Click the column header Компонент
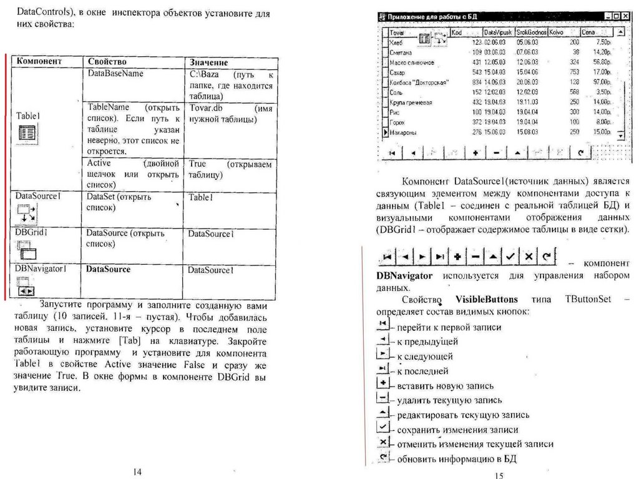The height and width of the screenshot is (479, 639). coord(39,62)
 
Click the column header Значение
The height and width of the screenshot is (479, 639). coord(209,63)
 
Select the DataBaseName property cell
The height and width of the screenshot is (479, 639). coord(115,74)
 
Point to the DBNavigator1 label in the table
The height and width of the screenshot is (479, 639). coord(41,269)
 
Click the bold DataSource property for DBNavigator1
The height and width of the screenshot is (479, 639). coord(109,270)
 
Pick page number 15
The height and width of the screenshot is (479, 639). coord(497,475)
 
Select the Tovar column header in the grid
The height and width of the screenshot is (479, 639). coord(398,32)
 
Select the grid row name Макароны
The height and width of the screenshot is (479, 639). coord(403,132)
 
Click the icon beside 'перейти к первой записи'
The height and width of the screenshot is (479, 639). coord(383,324)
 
